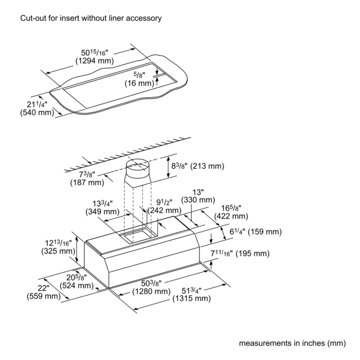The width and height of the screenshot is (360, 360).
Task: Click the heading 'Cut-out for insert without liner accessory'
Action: click(91, 18)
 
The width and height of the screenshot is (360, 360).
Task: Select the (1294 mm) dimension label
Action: click(95, 61)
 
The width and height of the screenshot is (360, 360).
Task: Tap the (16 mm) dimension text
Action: click(139, 83)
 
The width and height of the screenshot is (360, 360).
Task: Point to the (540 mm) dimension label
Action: click(37, 113)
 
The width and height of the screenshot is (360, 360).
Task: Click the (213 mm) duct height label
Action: click(207, 166)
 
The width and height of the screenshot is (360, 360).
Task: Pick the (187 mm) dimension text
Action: click(87, 183)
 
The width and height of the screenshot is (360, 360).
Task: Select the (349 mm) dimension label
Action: click(102, 211)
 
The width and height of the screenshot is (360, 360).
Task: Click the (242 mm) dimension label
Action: click(164, 211)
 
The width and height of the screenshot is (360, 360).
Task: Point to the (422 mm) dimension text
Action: click(231, 216)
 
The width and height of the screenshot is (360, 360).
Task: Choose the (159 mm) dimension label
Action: click(265, 232)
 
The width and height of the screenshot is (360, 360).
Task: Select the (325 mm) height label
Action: click(58, 251)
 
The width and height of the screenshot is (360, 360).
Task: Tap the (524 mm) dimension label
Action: click(76, 286)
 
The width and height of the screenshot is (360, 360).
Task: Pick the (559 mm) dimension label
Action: click(43, 296)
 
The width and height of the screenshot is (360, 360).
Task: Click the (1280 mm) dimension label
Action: click(151, 292)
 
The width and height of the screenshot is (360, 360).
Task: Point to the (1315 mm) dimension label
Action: click(192, 299)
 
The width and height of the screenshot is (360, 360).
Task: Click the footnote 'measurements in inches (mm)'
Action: click(292, 343)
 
